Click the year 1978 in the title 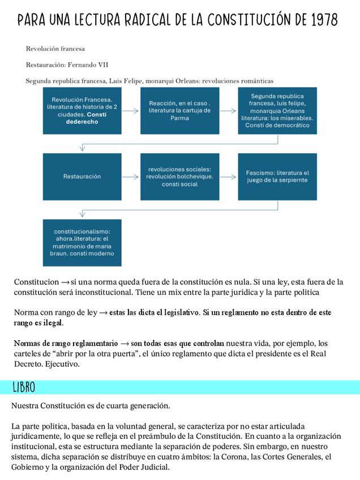click(324, 20)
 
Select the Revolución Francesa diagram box click(82, 110)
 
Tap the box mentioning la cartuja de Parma click(179, 110)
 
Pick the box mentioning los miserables click(277, 110)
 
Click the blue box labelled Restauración click(82, 177)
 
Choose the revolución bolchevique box click(179, 177)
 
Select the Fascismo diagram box click(277, 177)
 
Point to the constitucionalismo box click(82, 242)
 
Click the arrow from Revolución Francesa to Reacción click(131, 111)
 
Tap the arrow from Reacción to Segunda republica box click(229, 111)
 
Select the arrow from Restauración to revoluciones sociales click(131, 177)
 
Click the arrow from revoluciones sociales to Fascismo click(229, 177)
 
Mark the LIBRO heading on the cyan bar click(24, 388)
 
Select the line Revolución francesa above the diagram click(55, 49)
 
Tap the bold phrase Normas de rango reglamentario click(66, 343)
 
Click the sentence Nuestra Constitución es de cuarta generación click(91, 406)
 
